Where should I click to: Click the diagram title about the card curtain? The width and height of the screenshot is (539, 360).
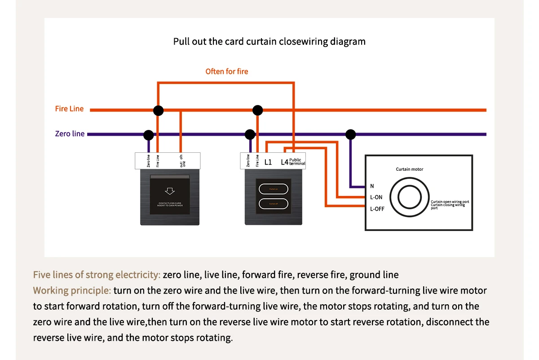tap(269, 42)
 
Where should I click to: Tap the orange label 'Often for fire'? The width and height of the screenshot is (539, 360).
tap(226, 71)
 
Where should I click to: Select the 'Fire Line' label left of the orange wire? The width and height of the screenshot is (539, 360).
tap(69, 109)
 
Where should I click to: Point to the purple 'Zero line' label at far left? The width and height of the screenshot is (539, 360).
tap(70, 133)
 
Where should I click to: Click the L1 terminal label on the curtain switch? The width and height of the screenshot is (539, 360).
tap(268, 162)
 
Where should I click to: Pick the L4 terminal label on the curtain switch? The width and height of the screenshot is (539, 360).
tap(284, 162)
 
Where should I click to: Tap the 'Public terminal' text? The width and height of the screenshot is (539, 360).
tap(297, 162)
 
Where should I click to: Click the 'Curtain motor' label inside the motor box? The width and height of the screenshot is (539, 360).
tap(409, 169)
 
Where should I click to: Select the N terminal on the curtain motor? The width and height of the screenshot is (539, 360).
tap(372, 186)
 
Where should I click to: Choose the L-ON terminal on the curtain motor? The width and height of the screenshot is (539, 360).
tap(376, 197)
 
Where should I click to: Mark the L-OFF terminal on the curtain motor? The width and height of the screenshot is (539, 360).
tap(377, 209)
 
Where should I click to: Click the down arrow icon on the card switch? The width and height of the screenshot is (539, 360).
tap(170, 191)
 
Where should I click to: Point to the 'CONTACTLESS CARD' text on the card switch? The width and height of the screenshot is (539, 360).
tap(170, 204)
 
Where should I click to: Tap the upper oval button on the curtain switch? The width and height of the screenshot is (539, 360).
tap(274, 189)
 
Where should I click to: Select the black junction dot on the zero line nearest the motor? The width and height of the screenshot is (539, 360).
tap(351, 134)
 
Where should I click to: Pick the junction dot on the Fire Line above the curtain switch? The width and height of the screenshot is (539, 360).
tap(257, 110)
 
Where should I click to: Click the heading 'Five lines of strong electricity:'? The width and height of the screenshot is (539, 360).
tap(97, 275)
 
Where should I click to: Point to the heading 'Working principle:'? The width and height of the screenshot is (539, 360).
tap(72, 290)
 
